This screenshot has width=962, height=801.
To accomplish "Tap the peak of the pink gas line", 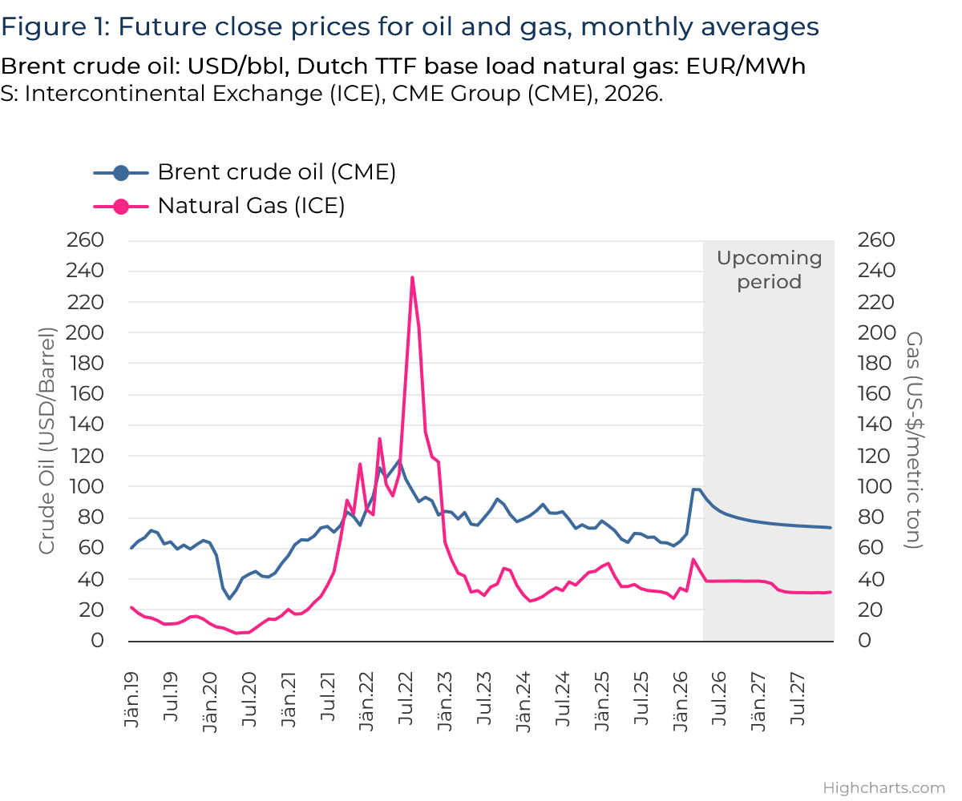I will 412,277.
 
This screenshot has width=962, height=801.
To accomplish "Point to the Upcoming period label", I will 769,270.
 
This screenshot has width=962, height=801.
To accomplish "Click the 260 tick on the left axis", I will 87,240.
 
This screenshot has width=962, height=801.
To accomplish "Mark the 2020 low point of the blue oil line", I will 229,598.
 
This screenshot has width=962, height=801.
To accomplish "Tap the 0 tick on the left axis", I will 97,640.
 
